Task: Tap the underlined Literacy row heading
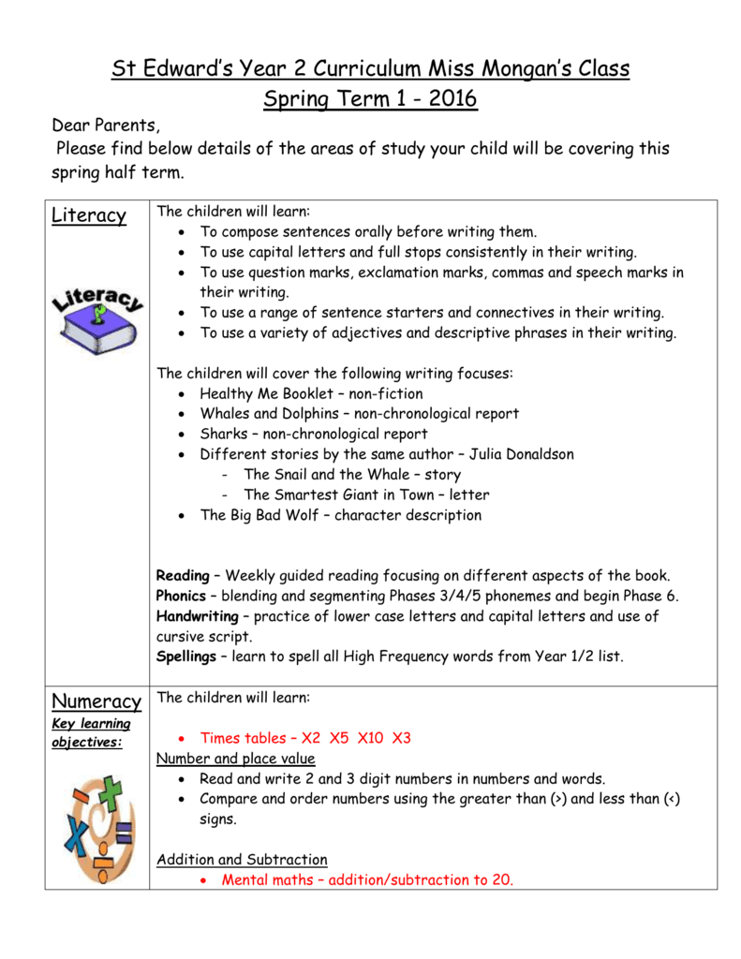88,215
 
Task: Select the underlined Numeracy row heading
96,701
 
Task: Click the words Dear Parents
106,125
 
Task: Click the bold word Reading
183,575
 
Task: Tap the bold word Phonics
182,596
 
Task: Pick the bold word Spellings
186,657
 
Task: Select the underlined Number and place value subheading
236,759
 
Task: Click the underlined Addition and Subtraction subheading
242,860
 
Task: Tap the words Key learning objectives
91,732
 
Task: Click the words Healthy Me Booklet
259,393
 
